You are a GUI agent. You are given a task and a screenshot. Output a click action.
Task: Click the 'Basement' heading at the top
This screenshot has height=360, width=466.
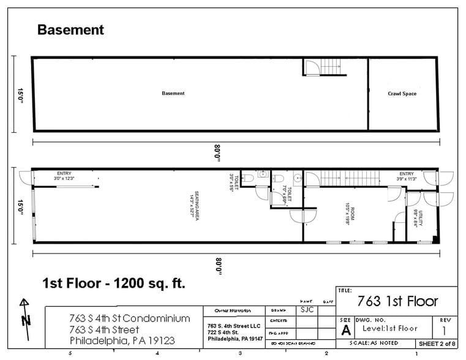[x=71, y=29]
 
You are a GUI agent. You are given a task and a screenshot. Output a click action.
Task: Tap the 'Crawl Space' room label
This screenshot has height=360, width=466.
[x=402, y=94]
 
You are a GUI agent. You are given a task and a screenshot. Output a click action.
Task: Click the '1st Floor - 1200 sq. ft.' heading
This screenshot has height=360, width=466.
[x=113, y=283]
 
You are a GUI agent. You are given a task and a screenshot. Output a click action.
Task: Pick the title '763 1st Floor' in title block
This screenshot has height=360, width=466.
[x=397, y=301]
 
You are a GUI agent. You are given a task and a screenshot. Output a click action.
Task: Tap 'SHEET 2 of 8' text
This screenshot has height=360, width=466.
[x=436, y=344]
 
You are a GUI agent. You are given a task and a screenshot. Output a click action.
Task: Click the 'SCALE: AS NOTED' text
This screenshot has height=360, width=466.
[x=375, y=344]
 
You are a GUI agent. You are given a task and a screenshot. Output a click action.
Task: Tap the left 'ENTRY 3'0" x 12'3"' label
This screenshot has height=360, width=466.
[x=64, y=176]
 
